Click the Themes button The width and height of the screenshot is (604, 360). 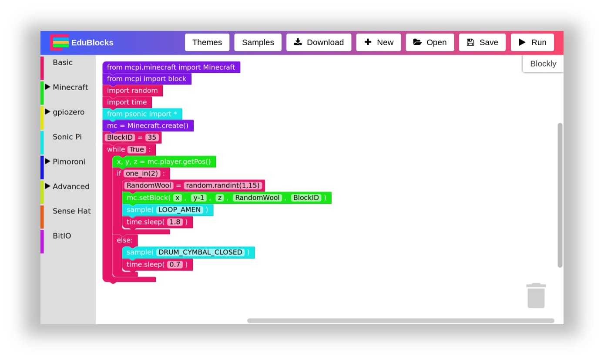click(x=207, y=42)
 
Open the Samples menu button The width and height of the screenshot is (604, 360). click(x=258, y=42)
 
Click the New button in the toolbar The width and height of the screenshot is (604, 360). click(x=378, y=42)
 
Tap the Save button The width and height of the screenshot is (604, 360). click(x=482, y=42)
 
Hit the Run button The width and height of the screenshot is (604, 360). click(x=532, y=42)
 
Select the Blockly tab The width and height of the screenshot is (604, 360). click(x=543, y=64)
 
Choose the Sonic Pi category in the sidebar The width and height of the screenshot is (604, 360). click(x=67, y=137)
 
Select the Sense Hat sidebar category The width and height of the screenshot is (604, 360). click(x=71, y=211)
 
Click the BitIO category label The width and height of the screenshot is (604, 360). click(x=62, y=236)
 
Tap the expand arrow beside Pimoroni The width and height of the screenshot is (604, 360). click(x=47, y=161)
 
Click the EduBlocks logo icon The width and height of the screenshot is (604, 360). click(x=60, y=42)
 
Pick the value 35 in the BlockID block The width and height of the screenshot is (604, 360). click(x=151, y=138)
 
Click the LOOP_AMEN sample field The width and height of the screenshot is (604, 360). click(x=180, y=210)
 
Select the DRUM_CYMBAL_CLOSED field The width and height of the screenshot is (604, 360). click(x=200, y=252)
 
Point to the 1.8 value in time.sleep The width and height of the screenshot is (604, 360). click(x=174, y=222)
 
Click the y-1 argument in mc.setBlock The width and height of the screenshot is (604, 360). click(x=198, y=198)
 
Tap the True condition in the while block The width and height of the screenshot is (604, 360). click(x=137, y=150)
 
